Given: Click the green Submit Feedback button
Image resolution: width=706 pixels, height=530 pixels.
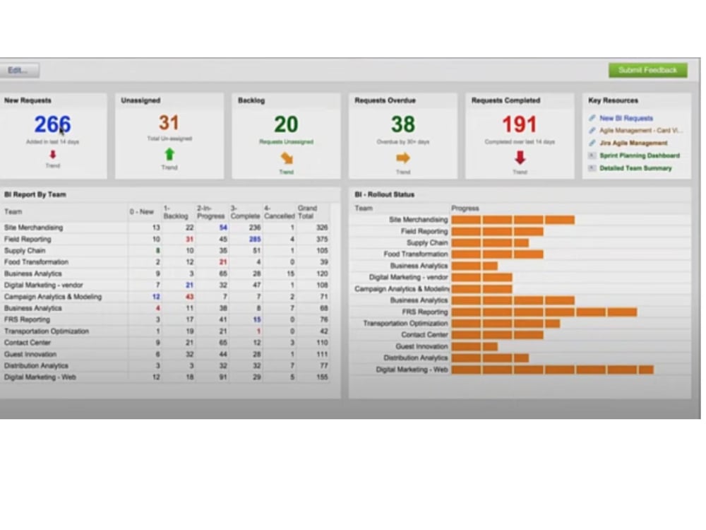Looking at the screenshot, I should click(647, 70).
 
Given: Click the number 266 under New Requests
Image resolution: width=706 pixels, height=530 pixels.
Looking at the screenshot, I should click(52, 124).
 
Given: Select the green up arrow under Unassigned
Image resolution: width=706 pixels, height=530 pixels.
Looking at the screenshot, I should click(169, 154).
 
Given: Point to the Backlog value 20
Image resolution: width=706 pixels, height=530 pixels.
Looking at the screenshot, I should click(286, 124).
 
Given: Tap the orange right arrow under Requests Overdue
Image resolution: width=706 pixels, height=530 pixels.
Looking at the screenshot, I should click(403, 158).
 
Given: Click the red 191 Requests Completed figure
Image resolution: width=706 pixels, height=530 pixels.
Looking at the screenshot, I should click(520, 124).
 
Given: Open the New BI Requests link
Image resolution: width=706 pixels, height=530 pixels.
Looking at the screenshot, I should click(626, 118).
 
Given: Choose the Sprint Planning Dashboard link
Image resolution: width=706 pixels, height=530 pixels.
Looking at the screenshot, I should click(640, 155).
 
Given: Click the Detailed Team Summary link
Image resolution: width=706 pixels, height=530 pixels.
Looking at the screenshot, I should click(635, 168).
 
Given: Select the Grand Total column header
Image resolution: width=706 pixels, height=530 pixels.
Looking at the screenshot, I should click(308, 212).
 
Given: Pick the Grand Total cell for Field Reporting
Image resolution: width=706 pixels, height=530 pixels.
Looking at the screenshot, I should click(321, 240).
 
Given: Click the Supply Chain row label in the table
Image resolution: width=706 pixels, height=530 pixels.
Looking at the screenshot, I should click(25, 251).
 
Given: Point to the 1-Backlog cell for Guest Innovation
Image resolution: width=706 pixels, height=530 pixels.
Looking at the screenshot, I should click(189, 354).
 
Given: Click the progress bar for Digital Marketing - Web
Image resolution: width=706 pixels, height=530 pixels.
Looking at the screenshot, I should click(552, 370).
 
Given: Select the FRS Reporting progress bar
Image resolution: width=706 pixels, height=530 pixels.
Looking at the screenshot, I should click(544, 312).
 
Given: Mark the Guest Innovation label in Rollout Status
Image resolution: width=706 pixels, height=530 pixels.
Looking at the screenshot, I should click(421, 346).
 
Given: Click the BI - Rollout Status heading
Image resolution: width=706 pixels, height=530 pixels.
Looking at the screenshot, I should click(385, 194).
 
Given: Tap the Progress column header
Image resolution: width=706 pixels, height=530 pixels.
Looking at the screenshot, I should click(465, 208).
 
